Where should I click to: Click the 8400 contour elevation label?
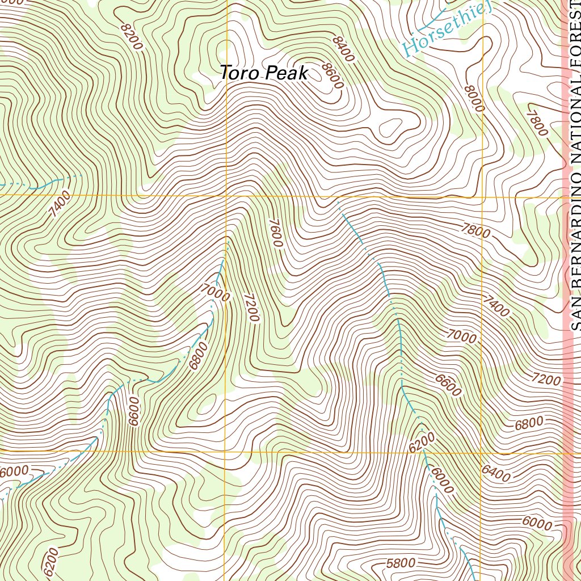pyautogui.click(x=344, y=49)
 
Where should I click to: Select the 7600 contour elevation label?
pyautogui.click(x=276, y=233)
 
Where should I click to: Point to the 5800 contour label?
pyautogui.click(x=401, y=563)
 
